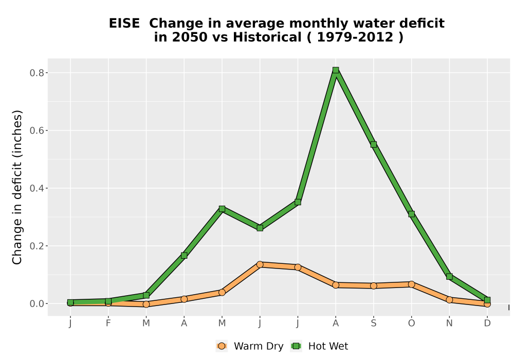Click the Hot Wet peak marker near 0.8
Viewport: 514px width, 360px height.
point(335,70)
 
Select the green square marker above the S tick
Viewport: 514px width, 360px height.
point(373,145)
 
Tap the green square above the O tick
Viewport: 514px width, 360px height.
point(411,214)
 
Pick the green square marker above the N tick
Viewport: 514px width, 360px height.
point(449,277)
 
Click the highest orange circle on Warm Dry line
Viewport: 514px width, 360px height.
point(260,264)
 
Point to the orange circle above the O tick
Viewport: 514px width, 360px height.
point(411,284)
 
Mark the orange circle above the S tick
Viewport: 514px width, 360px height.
point(373,286)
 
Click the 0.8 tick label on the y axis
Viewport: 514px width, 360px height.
point(36,73)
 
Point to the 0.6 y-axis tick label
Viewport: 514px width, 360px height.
point(36,131)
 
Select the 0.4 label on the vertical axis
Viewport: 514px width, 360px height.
point(36,188)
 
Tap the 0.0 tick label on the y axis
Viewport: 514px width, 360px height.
point(36,304)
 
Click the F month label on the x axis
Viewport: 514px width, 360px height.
point(108,323)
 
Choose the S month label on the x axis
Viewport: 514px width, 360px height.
point(373,323)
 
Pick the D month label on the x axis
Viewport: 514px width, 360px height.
point(487,323)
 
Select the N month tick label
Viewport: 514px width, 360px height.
point(449,323)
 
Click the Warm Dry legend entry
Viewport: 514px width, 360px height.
point(250,346)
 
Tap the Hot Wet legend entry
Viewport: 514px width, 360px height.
point(319,346)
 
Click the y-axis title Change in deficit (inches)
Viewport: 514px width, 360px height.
point(17,187)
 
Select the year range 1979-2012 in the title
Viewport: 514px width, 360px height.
point(355,37)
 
